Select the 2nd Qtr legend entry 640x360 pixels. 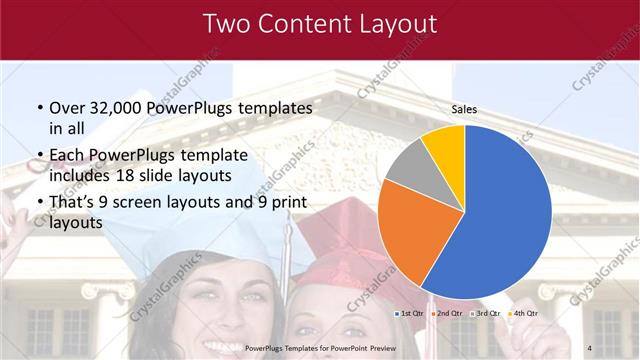447,314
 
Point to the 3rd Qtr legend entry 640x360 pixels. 484,314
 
